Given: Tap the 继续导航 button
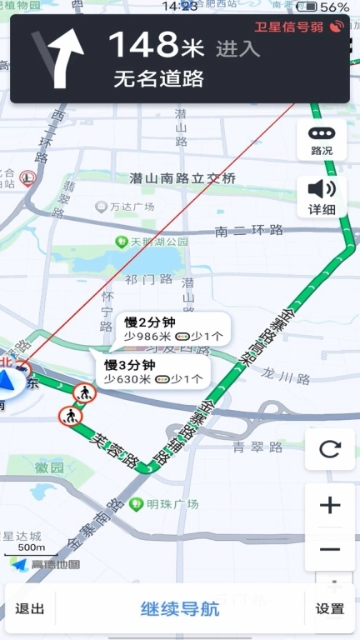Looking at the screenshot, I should pos(180,609).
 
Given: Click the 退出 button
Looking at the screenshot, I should pos(30,609).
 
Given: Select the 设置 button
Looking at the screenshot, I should pos(330,609).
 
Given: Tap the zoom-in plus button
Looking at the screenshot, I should pos(330,505).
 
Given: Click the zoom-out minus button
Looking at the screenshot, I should pos(330,549).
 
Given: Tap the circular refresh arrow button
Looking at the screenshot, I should pos(330,450).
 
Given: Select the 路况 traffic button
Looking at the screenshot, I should pos(322,140).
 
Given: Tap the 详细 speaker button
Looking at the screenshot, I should pos(322,197).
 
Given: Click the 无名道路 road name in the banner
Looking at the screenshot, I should pos(158,80).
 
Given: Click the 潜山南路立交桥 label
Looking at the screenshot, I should pos(182,178).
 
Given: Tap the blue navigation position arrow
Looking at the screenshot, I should pos(7,383).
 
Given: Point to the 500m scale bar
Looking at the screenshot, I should pos(32,549).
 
